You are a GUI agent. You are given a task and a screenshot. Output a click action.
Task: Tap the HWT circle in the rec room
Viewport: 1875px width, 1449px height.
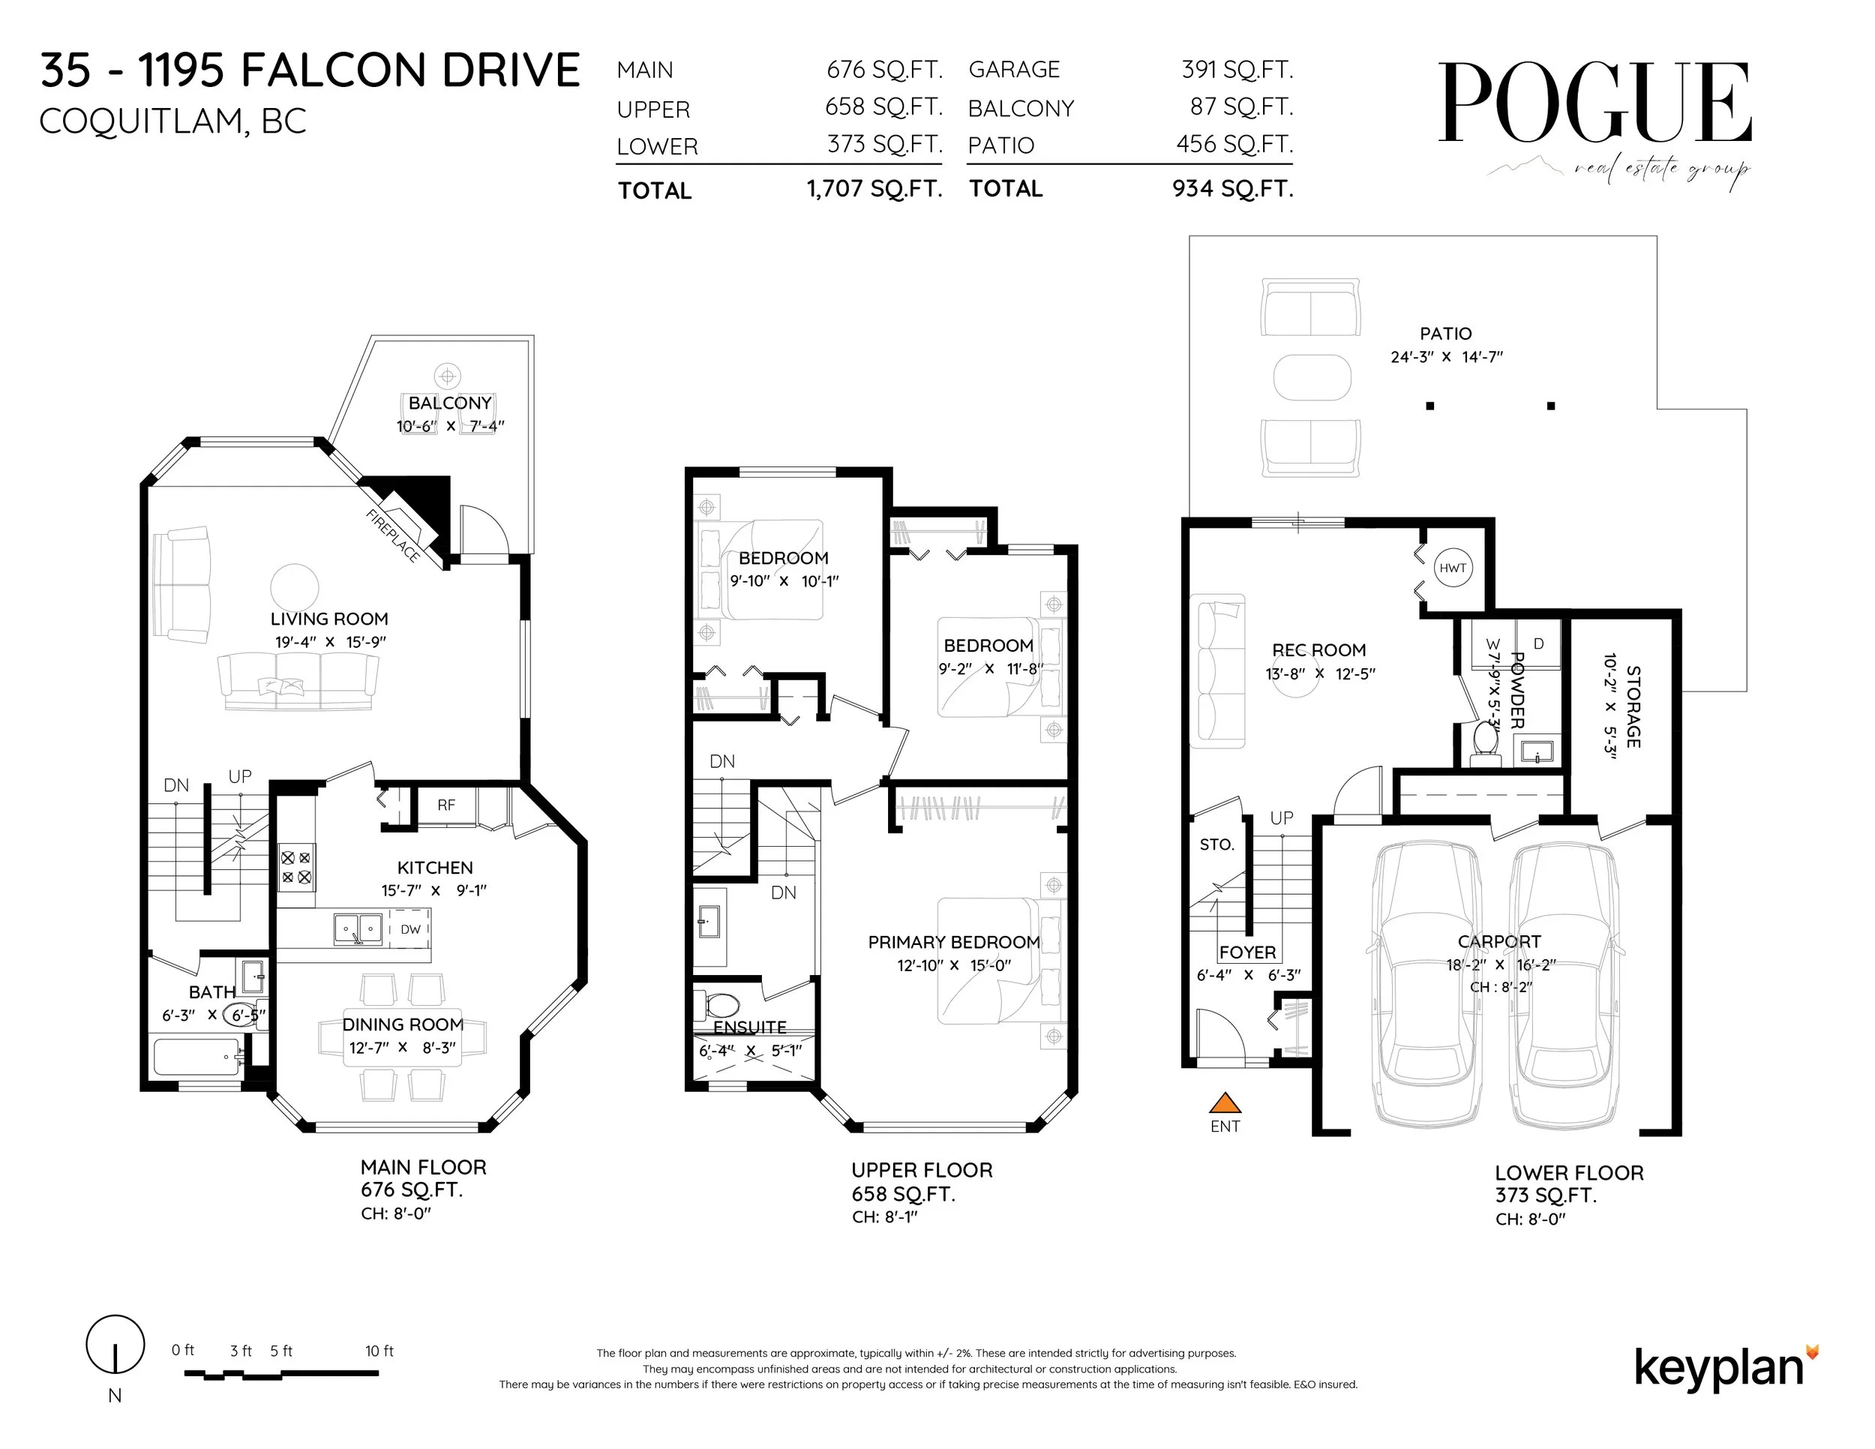[x=1453, y=568]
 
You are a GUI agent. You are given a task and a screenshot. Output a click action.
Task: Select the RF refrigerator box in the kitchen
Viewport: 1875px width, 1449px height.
[x=445, y=805]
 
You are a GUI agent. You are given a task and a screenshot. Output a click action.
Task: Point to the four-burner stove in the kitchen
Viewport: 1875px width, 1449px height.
[x=296, y=867]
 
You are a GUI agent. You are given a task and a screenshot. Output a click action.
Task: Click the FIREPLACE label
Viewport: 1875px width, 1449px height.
[x=393, y=535]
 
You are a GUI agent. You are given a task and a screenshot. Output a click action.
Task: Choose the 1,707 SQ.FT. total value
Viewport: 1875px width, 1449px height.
[x=874, y=189]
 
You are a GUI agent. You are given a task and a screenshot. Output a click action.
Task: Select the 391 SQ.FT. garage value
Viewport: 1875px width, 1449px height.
[x=1237, y=70]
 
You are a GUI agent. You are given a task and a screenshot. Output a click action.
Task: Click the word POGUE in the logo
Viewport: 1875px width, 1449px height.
[x=1594, y=103]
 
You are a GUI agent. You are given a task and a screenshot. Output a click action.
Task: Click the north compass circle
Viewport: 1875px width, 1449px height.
[x=115, y=1343]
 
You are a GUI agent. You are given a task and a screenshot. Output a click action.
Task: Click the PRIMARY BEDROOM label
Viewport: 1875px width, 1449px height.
[x=953, y=943]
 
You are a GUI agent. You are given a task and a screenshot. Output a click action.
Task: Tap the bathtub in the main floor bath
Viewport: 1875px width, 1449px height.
[x=196, y=1057]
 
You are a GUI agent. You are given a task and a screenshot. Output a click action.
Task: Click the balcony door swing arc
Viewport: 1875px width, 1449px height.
[x=485, y=528]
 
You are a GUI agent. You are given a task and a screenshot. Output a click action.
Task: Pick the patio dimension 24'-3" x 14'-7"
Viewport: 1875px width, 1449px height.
[x=1447, y=357]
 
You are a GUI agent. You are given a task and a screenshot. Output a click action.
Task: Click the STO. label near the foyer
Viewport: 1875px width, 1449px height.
[x=1216, y=844]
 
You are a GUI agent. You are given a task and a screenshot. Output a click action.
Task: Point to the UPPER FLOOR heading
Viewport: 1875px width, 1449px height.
[x=921, y=1170]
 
